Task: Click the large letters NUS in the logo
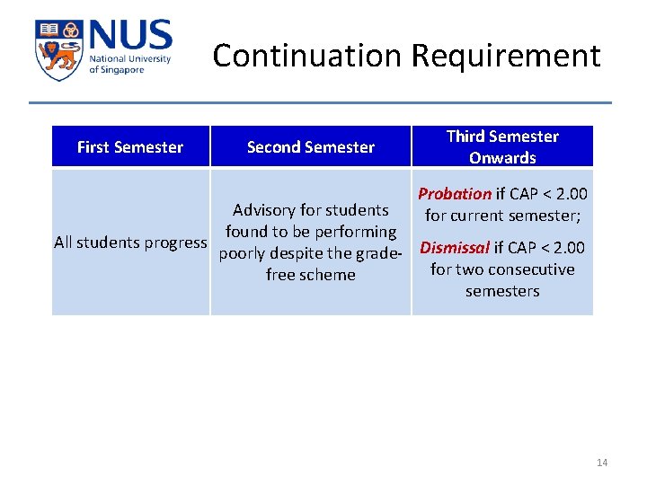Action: coord(129,37)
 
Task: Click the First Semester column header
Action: coord(130,147)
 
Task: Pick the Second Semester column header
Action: coord(311,147)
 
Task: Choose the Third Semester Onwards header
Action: coord(502,147)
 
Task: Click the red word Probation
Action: coord(455,194)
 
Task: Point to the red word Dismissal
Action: coord(455,248)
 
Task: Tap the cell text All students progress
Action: coord(130,242)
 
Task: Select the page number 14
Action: coord(602,463)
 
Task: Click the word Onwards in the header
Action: coord(502,158)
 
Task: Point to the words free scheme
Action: coord(311,275)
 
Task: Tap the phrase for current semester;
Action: coord(502,216)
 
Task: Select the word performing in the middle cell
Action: coord(350,232)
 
